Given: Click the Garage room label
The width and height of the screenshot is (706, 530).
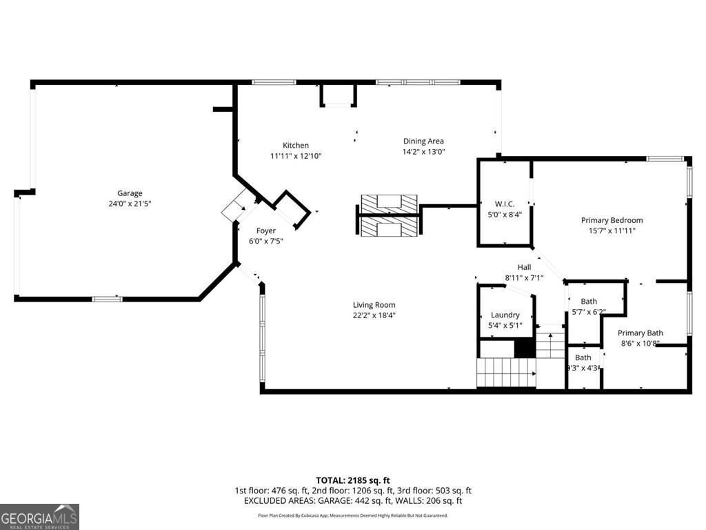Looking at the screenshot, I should click(130, 193).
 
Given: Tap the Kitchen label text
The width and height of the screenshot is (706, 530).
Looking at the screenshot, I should click(296, 145).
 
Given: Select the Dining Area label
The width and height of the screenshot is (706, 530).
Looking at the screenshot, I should click(423, 141).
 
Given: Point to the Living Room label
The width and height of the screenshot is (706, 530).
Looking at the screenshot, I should click(374, 305).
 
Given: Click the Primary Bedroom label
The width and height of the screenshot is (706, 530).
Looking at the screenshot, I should click(612, 220).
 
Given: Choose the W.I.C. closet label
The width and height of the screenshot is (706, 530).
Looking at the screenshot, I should click(505, 204).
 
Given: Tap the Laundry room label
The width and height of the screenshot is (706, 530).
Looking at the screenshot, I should click(505, 315).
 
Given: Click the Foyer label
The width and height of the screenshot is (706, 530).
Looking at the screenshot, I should click(266, 230).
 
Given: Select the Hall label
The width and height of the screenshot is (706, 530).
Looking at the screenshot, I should click(525, 268).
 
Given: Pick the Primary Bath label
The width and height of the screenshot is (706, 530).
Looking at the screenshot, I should click(640, 333).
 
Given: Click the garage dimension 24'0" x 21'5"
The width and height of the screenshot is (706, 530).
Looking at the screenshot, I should click(130, 204).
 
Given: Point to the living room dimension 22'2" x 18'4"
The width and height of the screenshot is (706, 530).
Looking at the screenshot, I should click(374, 315).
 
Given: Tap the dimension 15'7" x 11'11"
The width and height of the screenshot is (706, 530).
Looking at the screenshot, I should click(612, 230).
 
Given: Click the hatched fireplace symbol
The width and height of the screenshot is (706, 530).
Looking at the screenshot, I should click(390, 215).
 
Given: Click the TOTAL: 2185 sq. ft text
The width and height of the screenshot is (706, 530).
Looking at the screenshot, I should click(353, 480).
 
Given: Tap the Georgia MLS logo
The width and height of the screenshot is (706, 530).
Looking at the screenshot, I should click(39, 516).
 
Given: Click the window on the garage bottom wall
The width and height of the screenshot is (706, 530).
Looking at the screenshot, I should click(107, 299).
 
